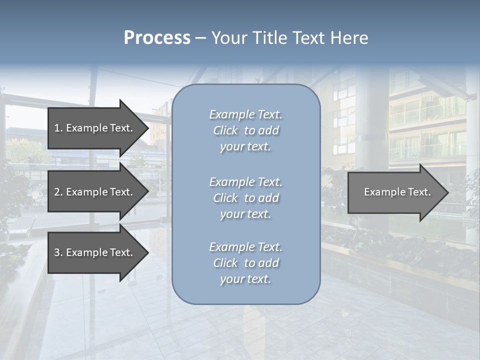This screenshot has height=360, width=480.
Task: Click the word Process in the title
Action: [157, 38]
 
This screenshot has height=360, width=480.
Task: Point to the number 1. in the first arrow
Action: [58, 128]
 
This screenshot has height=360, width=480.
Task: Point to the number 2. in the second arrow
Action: [58, 192]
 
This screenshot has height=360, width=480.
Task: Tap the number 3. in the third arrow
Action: [58, 252]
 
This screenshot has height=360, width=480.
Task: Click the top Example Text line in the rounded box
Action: [245, 115]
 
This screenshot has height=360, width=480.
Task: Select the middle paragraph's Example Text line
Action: [245, 182]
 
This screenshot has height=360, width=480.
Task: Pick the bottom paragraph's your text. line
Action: [245, 279]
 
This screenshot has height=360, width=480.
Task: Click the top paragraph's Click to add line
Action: [245, 131]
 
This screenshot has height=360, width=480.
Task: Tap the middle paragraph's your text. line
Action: [245, 214]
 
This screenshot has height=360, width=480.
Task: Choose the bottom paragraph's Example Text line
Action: [245, 247]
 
